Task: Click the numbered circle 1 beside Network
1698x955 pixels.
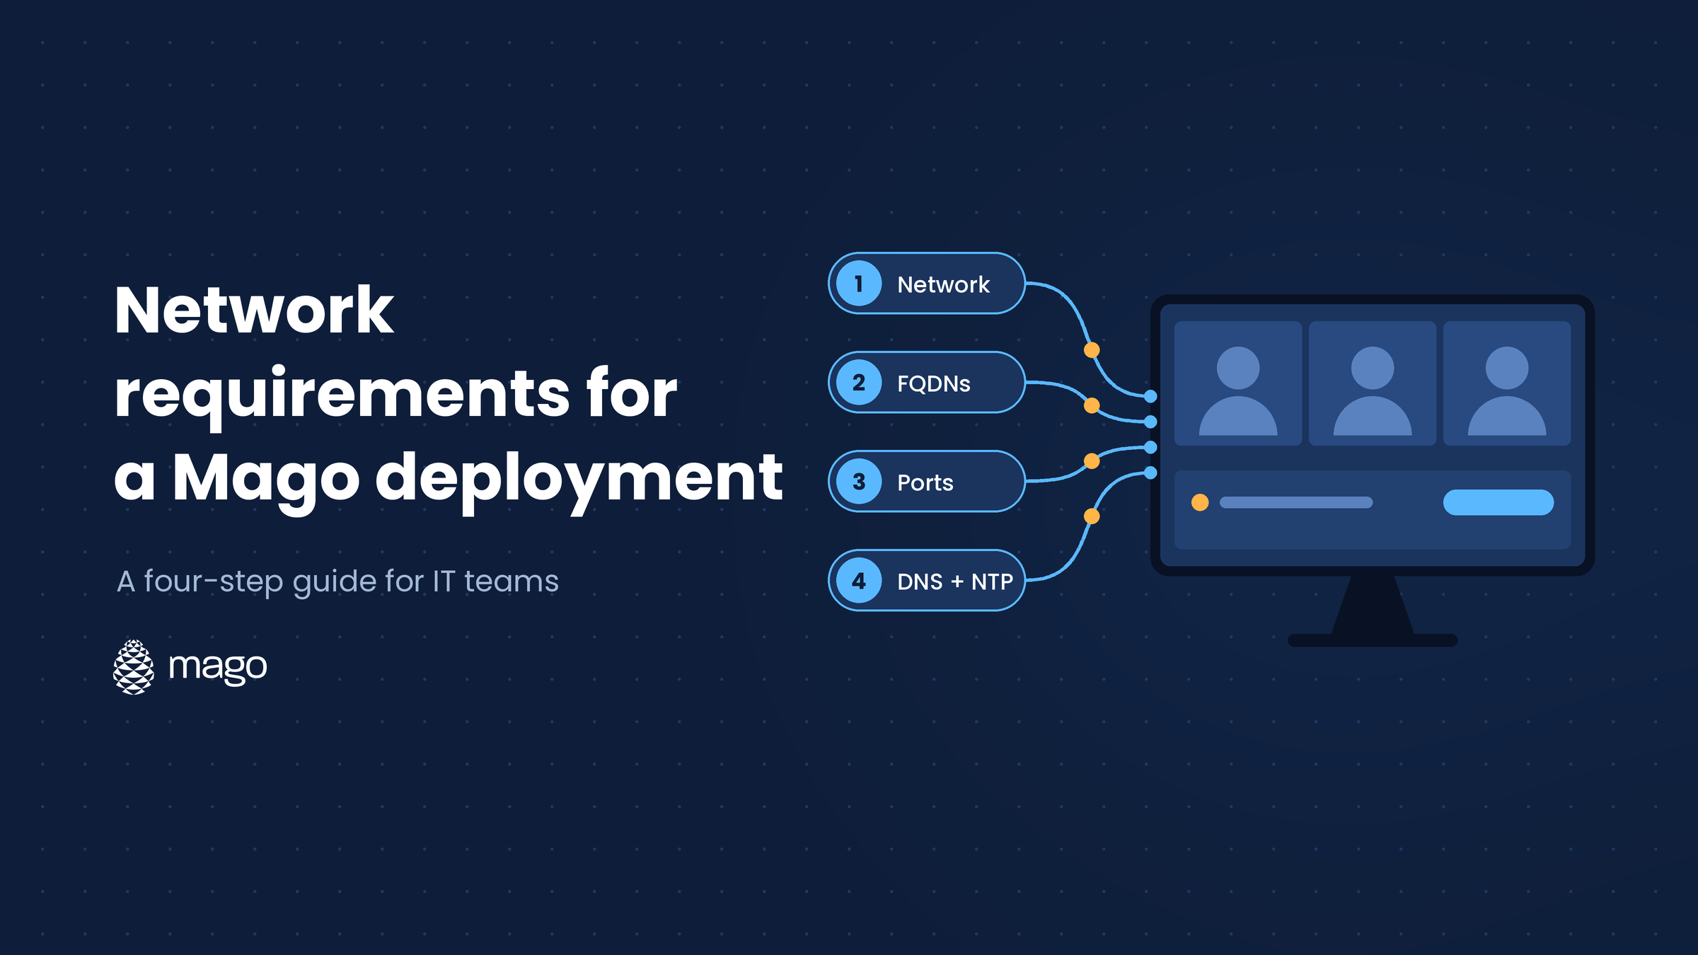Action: (x=859, y=284)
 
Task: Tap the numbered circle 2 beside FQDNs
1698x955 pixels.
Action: (x=859, y=383)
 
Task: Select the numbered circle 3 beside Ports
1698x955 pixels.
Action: (x=859, y=482)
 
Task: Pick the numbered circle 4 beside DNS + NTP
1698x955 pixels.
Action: (x=859, y=581)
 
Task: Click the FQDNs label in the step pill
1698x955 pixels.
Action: (x=934, y=383)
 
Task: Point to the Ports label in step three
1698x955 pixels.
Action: (x=925, y=482)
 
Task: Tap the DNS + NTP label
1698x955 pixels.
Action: (x=955, y=581)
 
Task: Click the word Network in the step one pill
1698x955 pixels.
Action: (x=943, y=284)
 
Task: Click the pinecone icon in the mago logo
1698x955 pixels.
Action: (x=134, y=667)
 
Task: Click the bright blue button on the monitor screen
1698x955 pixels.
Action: (x=1498, y=502)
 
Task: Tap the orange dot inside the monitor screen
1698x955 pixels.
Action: (x=1200, y=502)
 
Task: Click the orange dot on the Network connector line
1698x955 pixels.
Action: (x=1092, y=349)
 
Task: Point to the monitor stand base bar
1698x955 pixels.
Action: (x=1373, y=640)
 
